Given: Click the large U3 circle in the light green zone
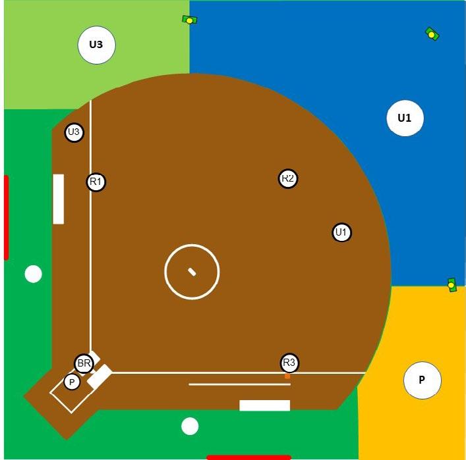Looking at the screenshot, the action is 96,45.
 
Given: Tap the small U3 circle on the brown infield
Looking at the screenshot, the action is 74,132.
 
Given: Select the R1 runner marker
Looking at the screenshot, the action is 96,182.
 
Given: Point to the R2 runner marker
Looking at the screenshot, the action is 287,178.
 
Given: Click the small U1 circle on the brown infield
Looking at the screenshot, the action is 341,232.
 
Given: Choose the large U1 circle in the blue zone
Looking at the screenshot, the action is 405,118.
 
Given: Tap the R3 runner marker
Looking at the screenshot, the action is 289,363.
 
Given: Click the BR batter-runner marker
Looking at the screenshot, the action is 84,363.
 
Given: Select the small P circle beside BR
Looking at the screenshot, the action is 72,382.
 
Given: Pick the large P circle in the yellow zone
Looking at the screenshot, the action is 422,380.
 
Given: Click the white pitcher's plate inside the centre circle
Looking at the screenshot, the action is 192,272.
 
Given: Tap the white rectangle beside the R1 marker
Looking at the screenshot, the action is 59,199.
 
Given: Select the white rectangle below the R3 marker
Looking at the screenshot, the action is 264,405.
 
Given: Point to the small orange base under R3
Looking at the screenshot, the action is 287,376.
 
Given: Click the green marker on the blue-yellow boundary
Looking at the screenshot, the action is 451,285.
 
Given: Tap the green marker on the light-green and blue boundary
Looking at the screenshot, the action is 189,20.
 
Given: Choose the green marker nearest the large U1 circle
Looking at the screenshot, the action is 432,34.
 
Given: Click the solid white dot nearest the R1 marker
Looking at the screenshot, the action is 34,274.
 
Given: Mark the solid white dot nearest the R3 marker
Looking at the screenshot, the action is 190,426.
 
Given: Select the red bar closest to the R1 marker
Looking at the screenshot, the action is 6,217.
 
